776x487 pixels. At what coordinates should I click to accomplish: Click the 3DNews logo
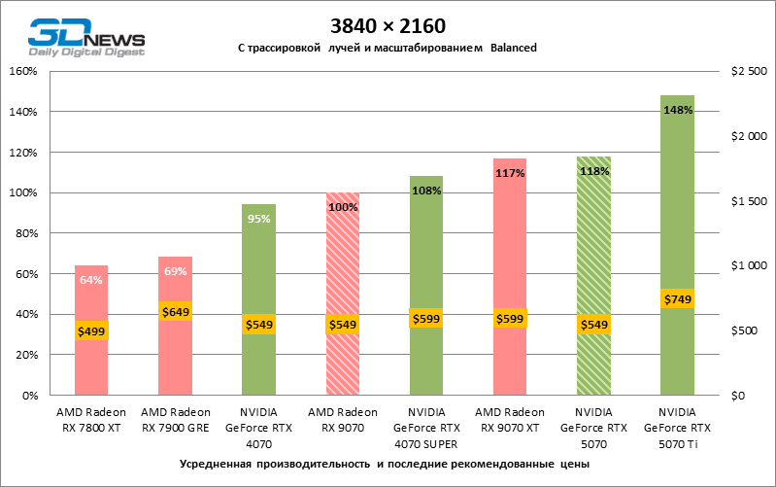click(x=86, y=36)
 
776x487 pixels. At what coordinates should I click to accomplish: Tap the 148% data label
click(x=678, y=110)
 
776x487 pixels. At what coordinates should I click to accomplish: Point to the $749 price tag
click(x=678, y=299)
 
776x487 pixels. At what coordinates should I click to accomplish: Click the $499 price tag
click(x=91, y=330)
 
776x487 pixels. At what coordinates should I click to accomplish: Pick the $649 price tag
click(x=176, y=311)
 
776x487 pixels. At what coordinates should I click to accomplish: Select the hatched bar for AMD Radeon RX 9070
click(x=344, y=253)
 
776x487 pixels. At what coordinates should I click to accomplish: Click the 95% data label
click(x=259, y=219)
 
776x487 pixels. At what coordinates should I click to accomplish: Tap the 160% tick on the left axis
click(x=22, y=71)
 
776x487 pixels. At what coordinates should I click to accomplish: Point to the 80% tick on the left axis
click(x=25, y=233)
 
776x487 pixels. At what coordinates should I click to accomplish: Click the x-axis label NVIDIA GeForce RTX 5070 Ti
click(x=678, y=427)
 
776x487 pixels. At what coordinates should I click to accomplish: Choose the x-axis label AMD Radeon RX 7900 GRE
click(x=176, y=419)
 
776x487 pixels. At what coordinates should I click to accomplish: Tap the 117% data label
click(x=511, y=173)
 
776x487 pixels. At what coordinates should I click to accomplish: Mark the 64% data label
click(x=91, y=280)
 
